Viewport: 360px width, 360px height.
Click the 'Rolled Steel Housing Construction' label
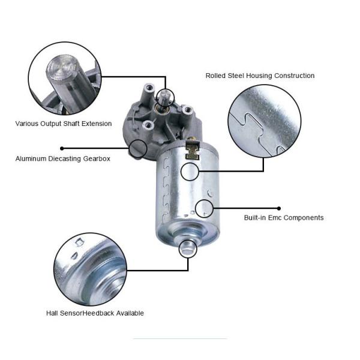pos(260,76)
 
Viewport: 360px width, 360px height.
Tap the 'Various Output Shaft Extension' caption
pos(64,124)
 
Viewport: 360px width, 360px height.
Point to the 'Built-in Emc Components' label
pos(284,218)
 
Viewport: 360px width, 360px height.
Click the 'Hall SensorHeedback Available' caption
pos(95,313)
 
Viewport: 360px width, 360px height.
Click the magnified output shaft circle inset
pos(65,79)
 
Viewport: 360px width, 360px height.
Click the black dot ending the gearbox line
pos(62,148)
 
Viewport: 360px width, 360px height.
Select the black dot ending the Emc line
pos(279,208)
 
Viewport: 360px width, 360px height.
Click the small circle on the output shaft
pos(166,97)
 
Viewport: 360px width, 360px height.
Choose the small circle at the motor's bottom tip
pos(188,248)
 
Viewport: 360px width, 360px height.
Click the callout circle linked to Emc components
pos(205,208)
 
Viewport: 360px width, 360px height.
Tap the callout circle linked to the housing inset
pos(190,171)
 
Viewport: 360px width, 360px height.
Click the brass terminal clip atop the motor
pos(193,144)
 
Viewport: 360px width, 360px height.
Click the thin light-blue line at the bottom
pos(180,339)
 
